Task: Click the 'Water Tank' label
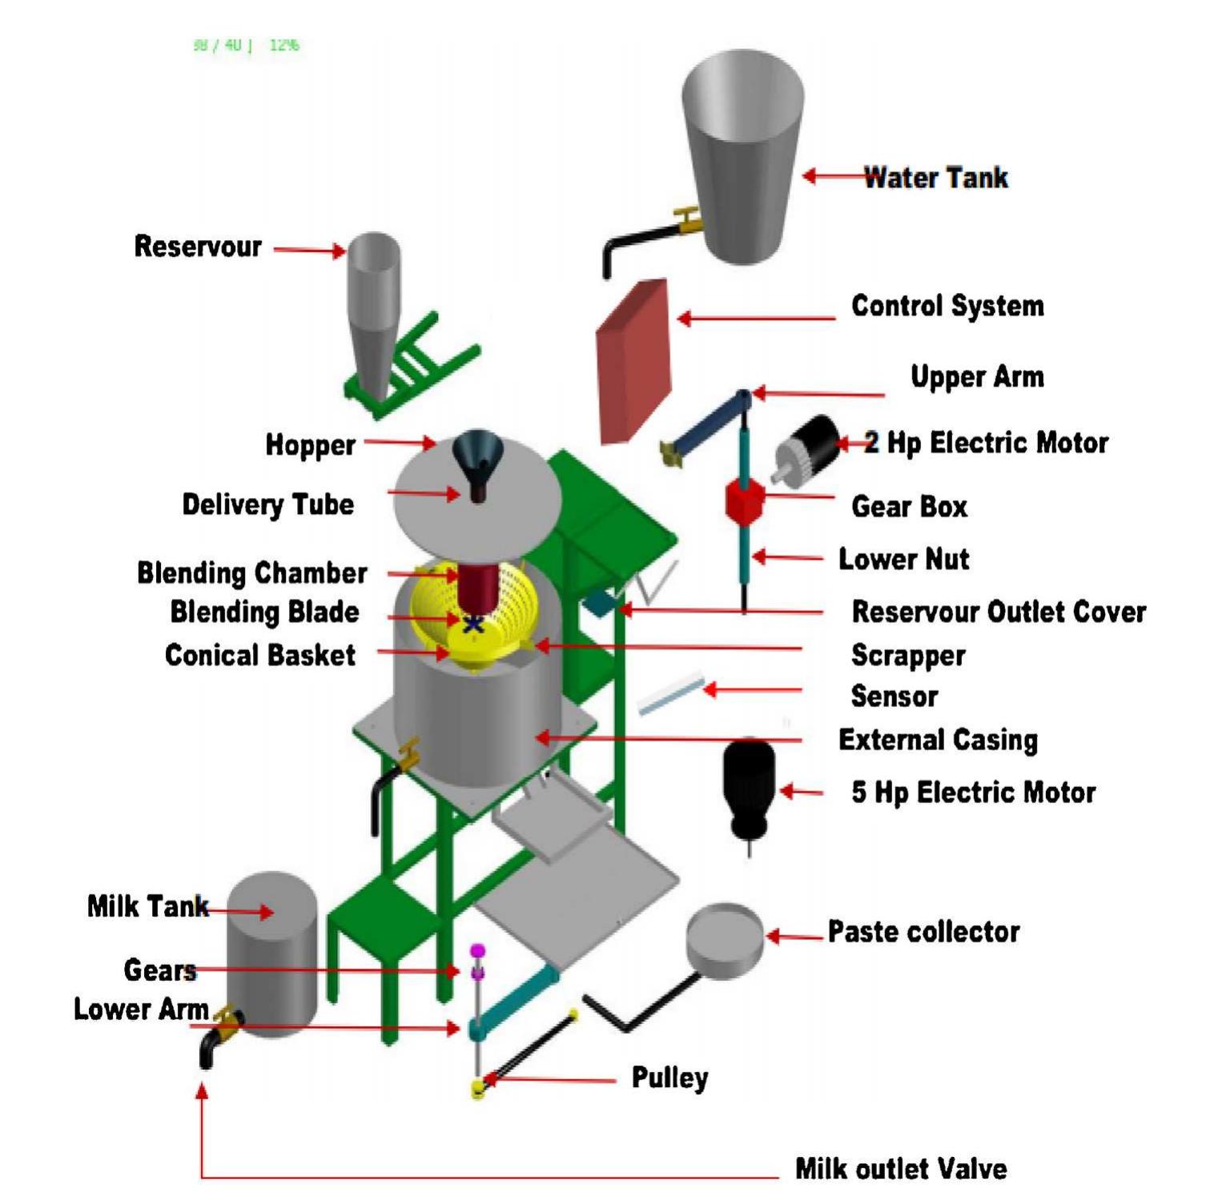click(x=935, y=177)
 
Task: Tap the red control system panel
click(x=633, y=362)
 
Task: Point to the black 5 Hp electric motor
click(x=749, y=785)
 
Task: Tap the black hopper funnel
click(x=477, y=458)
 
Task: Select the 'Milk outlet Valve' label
click(x=901, y=1168)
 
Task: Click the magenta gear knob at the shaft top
click(x=478, y=951)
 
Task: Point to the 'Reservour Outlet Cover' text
click(x=999, y=612)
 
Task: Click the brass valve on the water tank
click(x=688, y=219)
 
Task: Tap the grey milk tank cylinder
click(x=272, y=953)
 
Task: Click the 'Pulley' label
click(x=669, y=1078)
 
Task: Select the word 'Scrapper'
click(x=908, y=656)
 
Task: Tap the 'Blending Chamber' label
click(x=252, y=573)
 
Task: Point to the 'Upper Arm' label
click(x=977, y=377)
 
